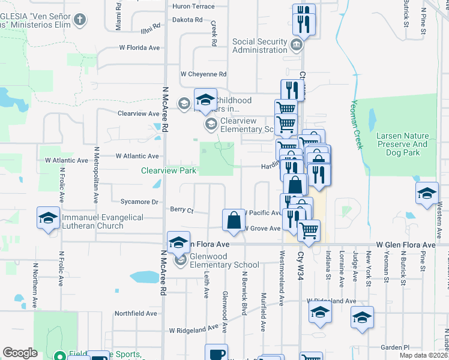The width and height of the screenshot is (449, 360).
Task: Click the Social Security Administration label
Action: (x=260, y=46)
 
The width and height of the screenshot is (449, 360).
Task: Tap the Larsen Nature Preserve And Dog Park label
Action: (x=402, y=140)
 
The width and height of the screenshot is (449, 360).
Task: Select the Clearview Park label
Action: (x=169, y=170)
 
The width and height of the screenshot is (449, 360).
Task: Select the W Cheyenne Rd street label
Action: (x=203, y=74)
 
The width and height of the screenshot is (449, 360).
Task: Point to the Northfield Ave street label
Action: (x=134, y=313)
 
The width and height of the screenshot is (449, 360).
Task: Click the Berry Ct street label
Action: (x=182, y=210)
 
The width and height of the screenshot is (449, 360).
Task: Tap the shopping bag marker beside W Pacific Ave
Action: (x=233, y=220)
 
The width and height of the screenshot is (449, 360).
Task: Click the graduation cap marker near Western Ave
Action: (x=427, y=193)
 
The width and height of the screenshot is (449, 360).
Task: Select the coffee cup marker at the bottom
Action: (x=216, y=353)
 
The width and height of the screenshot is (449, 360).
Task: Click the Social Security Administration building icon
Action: (x=296, y=45)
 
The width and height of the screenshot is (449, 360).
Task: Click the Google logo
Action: (x=20, y=353)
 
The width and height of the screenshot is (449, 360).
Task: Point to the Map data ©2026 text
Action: (x=423, y=355)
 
